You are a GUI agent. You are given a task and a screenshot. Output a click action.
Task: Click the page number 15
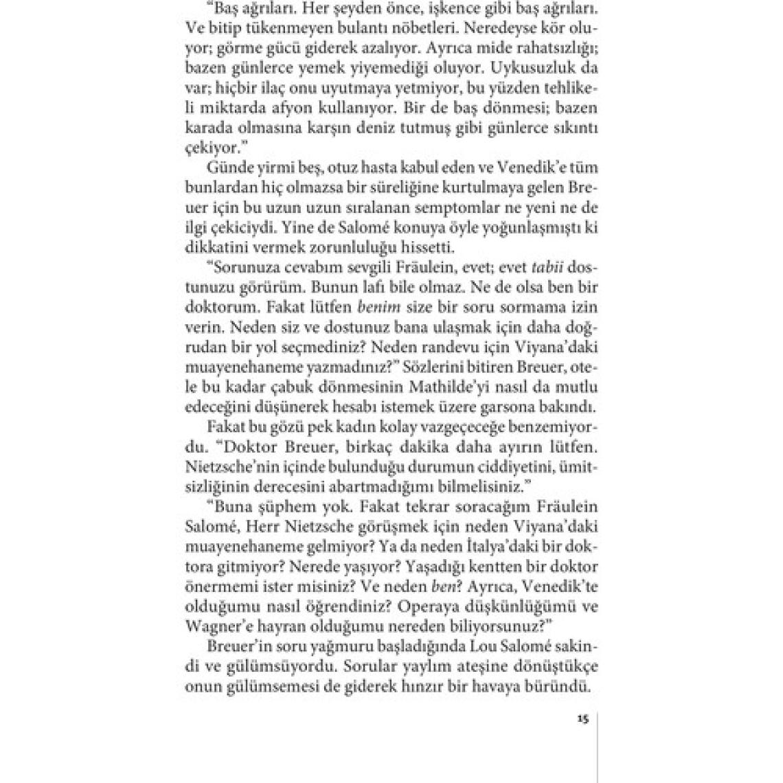(584, 720)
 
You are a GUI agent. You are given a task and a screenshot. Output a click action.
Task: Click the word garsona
(525, 405)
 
